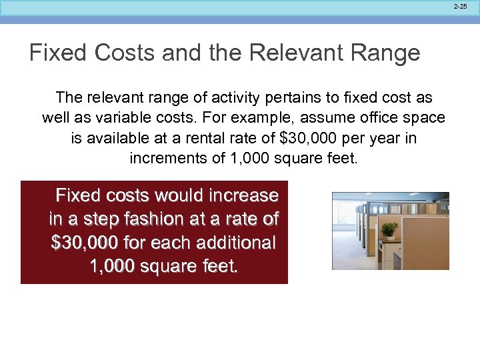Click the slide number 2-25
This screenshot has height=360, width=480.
[461, 5]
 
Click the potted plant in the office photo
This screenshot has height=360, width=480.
[389, 230]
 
